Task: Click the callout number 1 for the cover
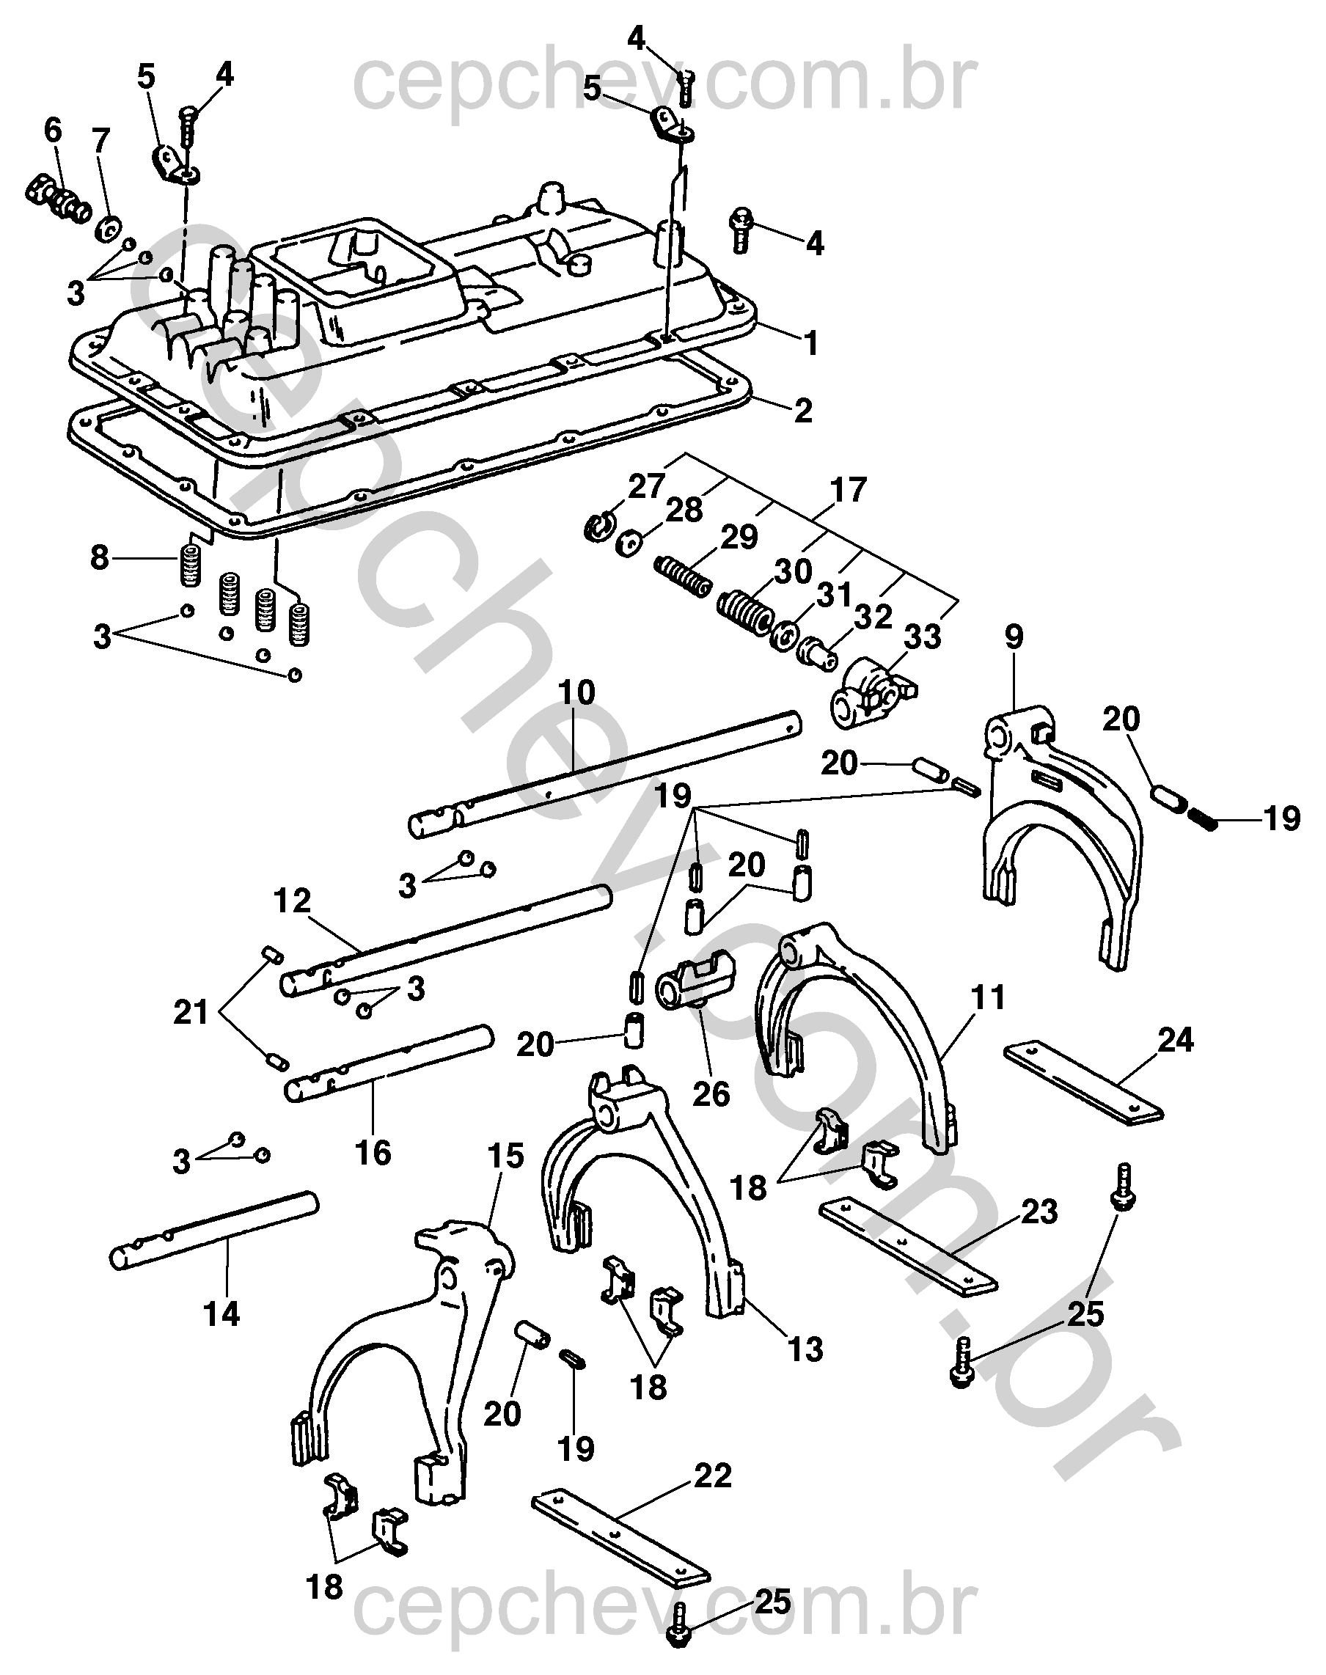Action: (810, 342)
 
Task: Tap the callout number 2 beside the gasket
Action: (803, 410)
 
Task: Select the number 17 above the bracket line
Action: (848, 491)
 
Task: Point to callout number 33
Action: (923, 637)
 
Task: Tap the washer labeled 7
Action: (108, 230)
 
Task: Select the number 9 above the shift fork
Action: (1013, 637)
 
